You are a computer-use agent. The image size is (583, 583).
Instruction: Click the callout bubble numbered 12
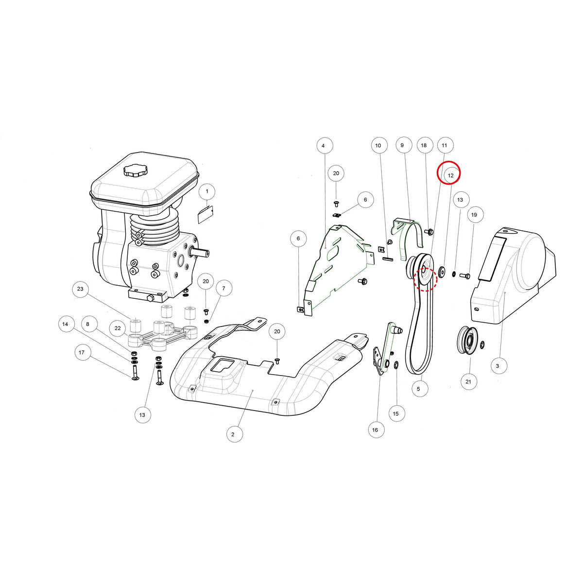[450, 175]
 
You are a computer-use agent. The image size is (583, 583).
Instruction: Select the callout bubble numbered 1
[207, 191]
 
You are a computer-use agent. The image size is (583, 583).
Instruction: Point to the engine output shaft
[199, 252]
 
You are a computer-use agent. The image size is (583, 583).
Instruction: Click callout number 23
[80, 289]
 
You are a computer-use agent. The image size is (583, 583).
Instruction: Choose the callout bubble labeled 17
[82, 352]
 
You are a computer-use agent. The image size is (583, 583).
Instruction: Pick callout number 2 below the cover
[233, 434]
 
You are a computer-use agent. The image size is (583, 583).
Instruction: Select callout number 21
[468, 381]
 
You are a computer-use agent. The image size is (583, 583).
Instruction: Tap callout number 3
[497, 366]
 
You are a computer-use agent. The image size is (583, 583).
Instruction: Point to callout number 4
[323, 146]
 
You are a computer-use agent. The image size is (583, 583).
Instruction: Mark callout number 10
[378, 146]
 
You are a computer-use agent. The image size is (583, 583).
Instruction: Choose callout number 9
[402, 145]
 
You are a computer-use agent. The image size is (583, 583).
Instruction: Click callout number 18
[424, 145]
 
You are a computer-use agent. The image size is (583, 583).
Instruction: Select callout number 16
[375, 430]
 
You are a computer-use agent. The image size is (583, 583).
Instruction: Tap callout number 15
[396, 413]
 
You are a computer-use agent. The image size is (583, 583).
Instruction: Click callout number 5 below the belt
[418, 389]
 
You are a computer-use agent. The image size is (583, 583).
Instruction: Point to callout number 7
[224, 289]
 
